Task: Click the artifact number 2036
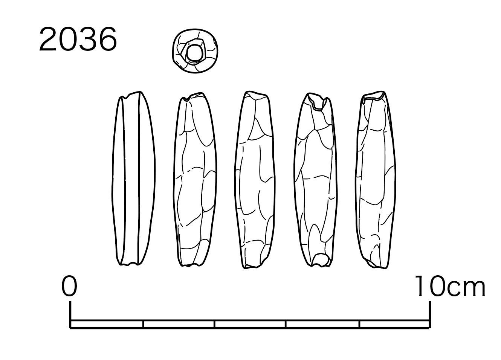pos(78,39)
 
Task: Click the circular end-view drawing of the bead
pos(195,51)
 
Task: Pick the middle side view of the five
pos(255,180)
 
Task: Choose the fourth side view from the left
pos(316,180)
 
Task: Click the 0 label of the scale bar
pos(69,286)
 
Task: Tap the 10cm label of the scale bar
pos(450,286)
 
